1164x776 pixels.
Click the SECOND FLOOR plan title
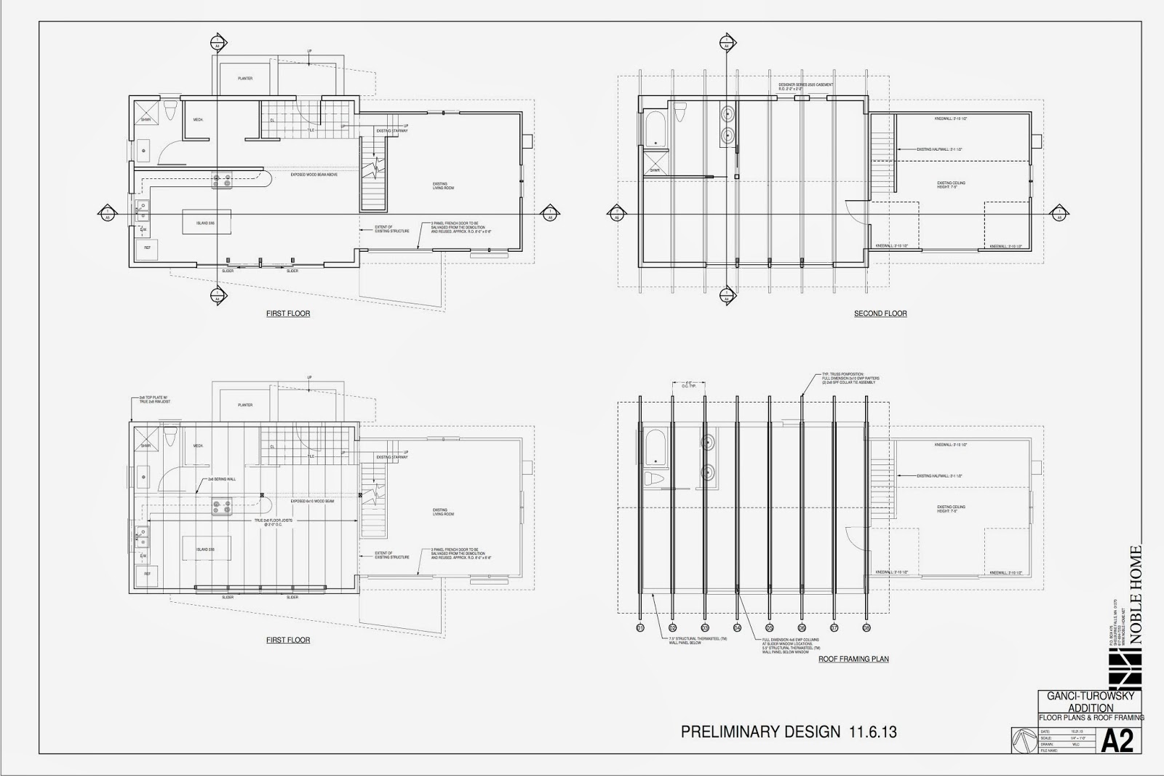(880, 314)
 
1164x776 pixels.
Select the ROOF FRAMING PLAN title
(853, 660)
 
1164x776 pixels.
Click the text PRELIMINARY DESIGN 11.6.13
(789, 732)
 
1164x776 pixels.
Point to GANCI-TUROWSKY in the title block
(1090, 697)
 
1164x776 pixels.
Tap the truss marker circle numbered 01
(640, 627)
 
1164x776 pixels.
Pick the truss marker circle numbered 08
(866, 627)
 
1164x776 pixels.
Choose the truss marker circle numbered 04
(737, 627)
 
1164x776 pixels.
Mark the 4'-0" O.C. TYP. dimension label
(688, 384)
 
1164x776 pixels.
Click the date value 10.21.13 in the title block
(1067, 732)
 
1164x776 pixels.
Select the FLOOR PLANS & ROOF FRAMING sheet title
(1091, 718)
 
